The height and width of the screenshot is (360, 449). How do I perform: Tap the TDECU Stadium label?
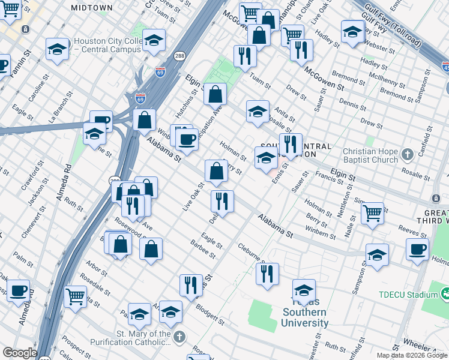[408, 295]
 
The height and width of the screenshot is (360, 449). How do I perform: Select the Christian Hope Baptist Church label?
[370, 155]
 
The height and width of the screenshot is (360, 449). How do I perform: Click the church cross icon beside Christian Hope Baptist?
[408, 155]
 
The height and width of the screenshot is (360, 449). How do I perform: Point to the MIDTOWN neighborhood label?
[91, 7]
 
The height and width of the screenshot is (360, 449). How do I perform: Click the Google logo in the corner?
[20, 353]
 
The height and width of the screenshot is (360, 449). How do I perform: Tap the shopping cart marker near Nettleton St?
[373, 212]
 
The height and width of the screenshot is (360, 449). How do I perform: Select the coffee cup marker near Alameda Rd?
[18, 292]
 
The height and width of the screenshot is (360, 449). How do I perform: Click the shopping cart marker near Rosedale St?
[76, 296]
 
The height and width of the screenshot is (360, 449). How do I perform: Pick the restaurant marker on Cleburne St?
[267, 274]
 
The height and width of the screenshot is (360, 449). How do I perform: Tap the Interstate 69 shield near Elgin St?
[140, 98]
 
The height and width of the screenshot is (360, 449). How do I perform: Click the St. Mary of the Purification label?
[143, 338]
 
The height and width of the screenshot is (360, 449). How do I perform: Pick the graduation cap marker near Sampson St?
[377, 254]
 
